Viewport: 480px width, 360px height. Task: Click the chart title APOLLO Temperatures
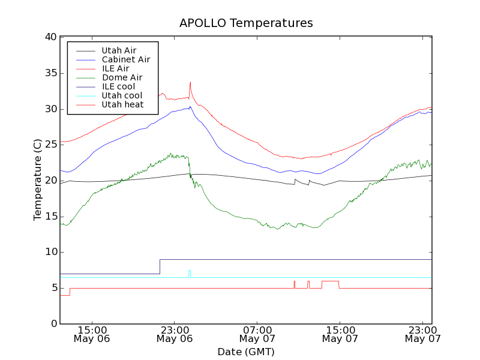pos(246,23)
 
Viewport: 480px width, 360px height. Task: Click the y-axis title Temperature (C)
pos(38,180)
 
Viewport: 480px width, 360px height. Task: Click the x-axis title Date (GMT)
pos(246,352)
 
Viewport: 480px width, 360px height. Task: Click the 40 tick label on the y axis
pos(50,37)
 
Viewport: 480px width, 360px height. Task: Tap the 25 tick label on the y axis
pos(50,145)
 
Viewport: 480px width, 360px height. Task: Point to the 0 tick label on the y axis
pos(53,324)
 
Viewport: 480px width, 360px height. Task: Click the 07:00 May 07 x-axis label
pos(257,334)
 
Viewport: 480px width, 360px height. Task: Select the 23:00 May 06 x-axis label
pos(174,334)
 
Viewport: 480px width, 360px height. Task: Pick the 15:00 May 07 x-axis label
pos(340,334)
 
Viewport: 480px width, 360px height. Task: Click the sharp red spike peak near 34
pos(190,82)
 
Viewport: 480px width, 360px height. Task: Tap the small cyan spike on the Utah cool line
pos(190,271)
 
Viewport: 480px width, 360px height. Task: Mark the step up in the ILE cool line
pos(160,266)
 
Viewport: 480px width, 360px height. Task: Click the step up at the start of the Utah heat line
pos(70,292)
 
